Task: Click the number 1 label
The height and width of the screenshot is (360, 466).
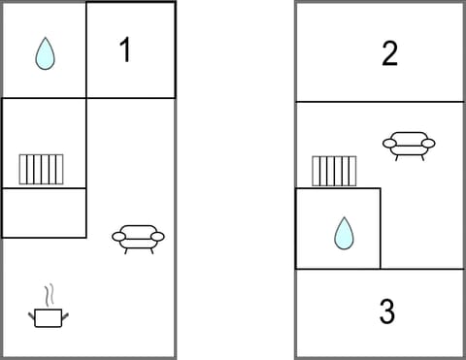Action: pyautogui.click(x=124, y=50)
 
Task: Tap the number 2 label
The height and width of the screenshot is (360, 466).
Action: pyautogui.click(x=389, y=53)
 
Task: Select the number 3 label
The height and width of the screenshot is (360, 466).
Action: pyautogui.click(x=386, y=312)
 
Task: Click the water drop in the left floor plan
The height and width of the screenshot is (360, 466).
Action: pyautogui.click(x=44, y=54)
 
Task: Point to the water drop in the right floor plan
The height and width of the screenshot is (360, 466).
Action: pyautogui.click(x=343, y=233)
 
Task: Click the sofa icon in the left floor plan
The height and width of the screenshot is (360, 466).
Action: pyautogui.click(x=138, y=238)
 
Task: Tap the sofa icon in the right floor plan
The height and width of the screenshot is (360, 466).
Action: pyautogui.click(x=409, y=146)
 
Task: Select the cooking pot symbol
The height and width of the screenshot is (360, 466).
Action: pyautogui.click(x=48, y=314)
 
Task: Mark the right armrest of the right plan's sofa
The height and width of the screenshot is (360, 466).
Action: pyautogui.click(x=428, y=144)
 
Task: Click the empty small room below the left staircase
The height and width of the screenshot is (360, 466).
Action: pyautogui.click(x=44, y=213)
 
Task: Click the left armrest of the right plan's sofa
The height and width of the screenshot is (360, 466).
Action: pyautogui.click(x=389, y=144)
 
